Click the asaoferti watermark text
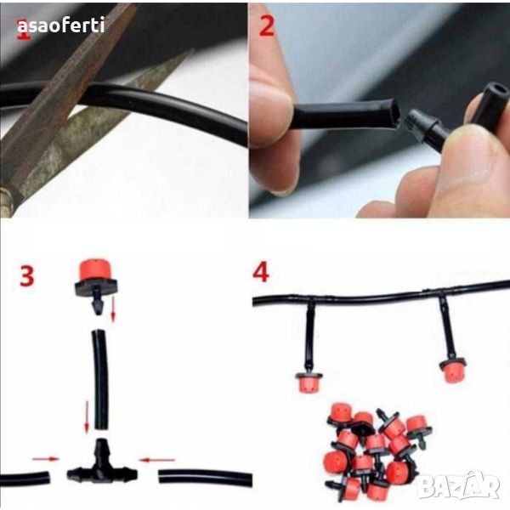pos(61,25)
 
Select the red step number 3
pos(26,275)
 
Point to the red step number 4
pos(261,273)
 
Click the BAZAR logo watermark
pos(458,485)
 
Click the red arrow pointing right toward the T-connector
pos(46,459)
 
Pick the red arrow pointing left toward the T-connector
pos(156,460)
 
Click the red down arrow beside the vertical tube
pos(87,417)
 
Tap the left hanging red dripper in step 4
pos(309,382)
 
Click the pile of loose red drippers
pos(378,451)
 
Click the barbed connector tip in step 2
pos(411,122)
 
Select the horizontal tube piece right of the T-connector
pos(206,478)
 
